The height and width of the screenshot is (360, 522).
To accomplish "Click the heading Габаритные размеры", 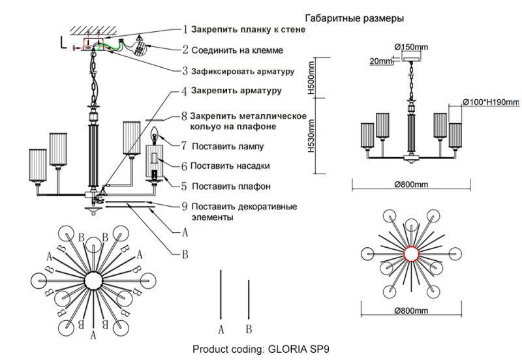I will coord(354,18).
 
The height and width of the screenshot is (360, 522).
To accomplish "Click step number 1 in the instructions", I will coord(185,30).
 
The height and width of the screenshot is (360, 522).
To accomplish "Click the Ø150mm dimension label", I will coord(412,46).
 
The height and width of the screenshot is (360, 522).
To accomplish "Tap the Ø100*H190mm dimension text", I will coord(490,102).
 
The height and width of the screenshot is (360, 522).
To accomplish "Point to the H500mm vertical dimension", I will coord(312,78).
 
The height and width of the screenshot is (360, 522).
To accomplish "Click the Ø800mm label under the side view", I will coord(412,185).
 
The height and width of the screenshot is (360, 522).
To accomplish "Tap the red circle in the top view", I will coord(412,254).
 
